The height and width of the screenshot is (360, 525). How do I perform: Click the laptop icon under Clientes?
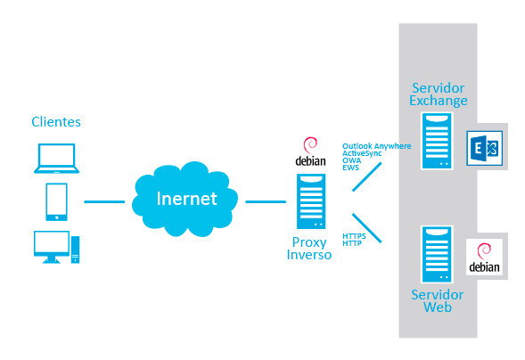pyautogui.click(x=56, y=159)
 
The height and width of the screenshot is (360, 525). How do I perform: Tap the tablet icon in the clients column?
pyautogui.click(x=56, y=201)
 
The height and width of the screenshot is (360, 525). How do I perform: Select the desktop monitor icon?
pyautogui.click(x=52, y=247)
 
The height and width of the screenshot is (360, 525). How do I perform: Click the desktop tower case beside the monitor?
pyautogui.click(x=76, y=250)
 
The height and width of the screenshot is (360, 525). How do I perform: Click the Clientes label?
pyautogui.click(x=56, y=122)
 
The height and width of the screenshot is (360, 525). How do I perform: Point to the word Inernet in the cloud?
pyautogui.click(x=187, y=199)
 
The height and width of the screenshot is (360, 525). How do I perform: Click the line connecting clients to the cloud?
pyautogui.click(x=104, y=201)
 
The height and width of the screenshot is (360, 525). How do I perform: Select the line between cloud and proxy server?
pyautogui.click(x=266, y=201)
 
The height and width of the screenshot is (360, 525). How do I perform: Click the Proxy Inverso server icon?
pyautogui.click(x=311, y=201)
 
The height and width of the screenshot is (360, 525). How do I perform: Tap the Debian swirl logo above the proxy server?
pyautogui.click(x=310, y=145)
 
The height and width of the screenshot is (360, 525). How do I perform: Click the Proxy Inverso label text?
pyautogui.click(x=309, y=249)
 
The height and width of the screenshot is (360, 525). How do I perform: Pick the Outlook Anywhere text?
pyautogui.click(x=377, y=146)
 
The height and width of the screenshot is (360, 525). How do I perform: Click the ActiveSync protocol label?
pyautogui.click(x=362, y=153)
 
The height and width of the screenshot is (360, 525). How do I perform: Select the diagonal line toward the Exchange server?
pyautogui.click(x=367, y=176)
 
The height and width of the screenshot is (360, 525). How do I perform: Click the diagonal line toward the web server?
pyautogui.click(x=367, y=228)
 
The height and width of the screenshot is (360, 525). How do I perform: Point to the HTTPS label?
pyautogui.click(x=354, y=236)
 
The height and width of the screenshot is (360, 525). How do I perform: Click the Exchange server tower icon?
pyautogui.click(x=437, y=141)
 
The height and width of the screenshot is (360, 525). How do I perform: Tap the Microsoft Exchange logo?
pyautogui.click(x=485, y=148)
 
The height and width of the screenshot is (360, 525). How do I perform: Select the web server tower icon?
pyautogui.click(x=437, y=254)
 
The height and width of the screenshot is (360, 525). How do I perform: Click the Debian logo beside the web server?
pyautogui.click(x=484, y=258)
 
